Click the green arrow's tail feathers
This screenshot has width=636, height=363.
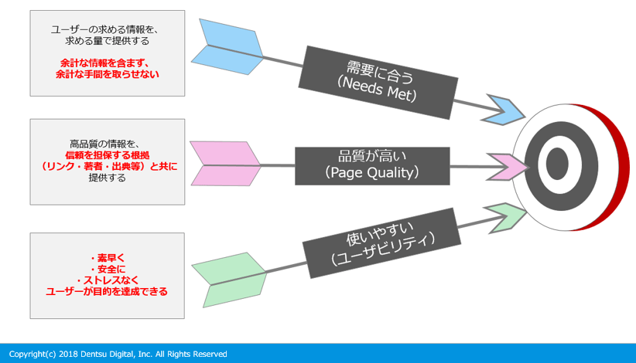[x=228, y=279]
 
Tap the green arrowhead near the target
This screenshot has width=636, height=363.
[x=504, y=215]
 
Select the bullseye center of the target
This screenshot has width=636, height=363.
[x=558, y=163]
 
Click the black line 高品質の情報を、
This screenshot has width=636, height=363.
[x=107, y=144]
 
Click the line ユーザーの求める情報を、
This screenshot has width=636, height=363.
[x=107, y=29]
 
